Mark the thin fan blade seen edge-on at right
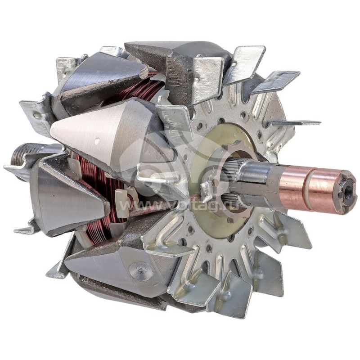pyautogui.click(x=292, y=123)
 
